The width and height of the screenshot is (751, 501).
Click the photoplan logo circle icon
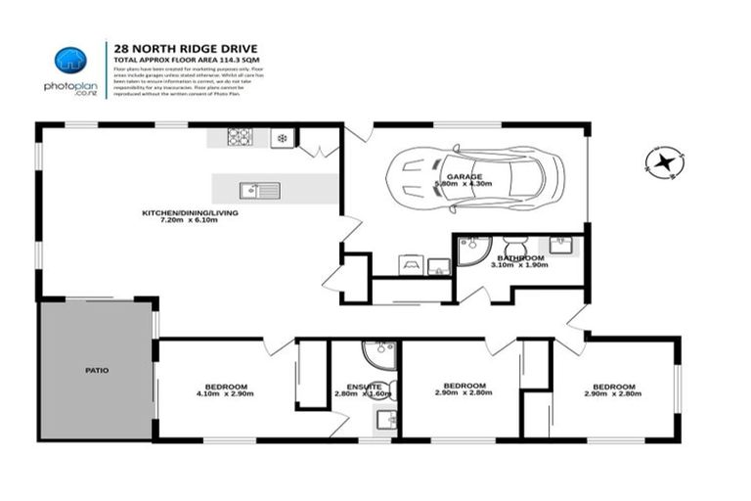coord(69,61)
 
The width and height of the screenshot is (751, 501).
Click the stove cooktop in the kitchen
coord(241,138)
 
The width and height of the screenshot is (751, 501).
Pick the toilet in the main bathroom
coord(512,247)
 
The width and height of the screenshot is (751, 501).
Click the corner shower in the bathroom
coord(470,250)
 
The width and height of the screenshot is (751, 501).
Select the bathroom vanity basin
coord(561,246)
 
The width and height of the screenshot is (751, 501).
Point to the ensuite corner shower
coord(378,353)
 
